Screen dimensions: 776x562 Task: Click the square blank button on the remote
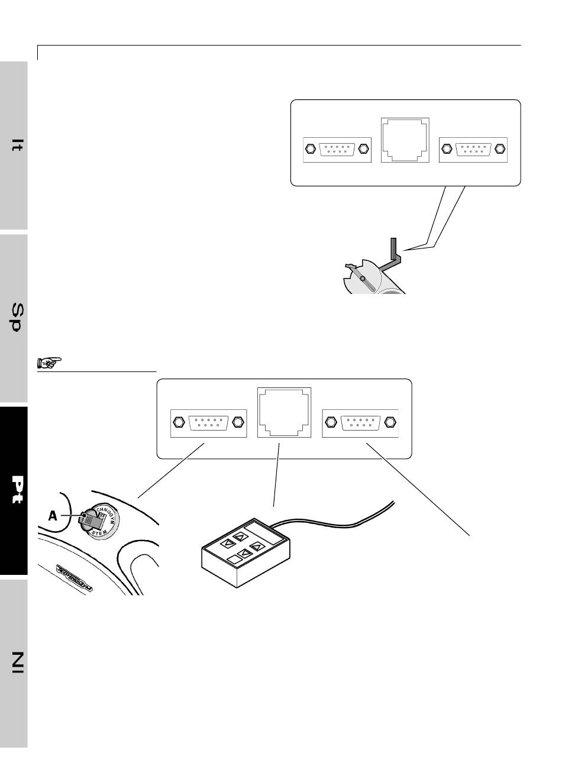tap(232, 558)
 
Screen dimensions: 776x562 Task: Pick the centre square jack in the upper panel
tap(405, 140)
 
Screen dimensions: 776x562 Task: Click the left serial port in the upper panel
tap(337, 148)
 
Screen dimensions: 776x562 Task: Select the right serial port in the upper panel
tap(473, 148)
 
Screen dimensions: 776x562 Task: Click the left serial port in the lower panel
tap(208, 422)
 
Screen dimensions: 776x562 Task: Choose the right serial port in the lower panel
tap(360, 422)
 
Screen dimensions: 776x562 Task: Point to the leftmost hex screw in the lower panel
tap(178, 422)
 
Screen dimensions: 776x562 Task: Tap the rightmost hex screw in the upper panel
tap(500, 148)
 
